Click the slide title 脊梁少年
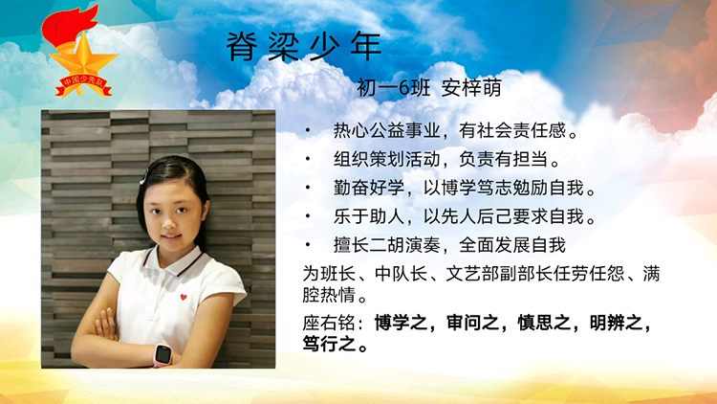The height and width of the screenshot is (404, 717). coord(304,46)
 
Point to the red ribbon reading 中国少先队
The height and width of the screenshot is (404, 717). coord(84,85)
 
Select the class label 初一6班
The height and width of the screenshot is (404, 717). coord(393,87)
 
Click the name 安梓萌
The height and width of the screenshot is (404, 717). coord(471,87)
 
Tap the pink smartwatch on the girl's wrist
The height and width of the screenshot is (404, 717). coord(163,354)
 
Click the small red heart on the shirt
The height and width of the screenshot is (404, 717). coord(184,298)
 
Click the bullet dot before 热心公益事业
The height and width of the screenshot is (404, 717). coord(308,131)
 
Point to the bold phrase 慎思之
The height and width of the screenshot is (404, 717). coord(544,323)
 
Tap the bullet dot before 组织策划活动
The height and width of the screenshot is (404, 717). coord(308,160)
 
